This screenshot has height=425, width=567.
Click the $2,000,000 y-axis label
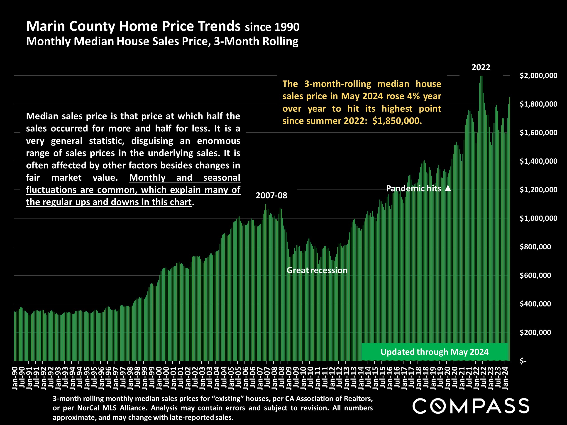(x=538, y=75)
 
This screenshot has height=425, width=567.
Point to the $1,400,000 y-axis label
(x=538, y=161)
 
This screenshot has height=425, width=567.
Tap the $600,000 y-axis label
(x=535, y=275)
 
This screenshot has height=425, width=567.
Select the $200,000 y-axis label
(x=535, y=333)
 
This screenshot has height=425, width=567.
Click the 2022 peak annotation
(x=481, y=67)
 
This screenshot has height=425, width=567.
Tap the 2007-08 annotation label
(x=271, y=196)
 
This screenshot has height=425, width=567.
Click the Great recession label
(x=317, y=270)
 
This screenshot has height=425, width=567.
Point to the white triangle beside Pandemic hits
(x=448, y=188)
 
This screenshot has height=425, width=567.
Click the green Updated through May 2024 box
(x=435, y=352)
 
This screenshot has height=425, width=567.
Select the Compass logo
(x=471, y=406)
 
